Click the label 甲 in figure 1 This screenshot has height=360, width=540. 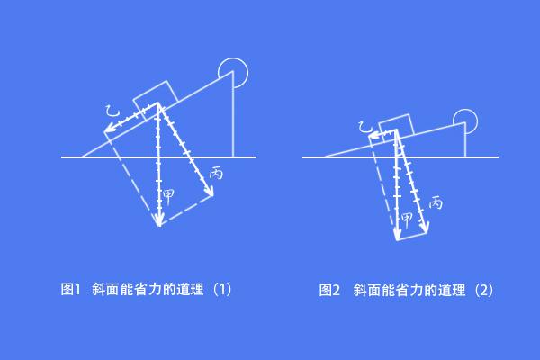coord(168,197)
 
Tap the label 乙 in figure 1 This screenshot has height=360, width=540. coord(112,111)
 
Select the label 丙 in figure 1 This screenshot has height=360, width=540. coord(217,173)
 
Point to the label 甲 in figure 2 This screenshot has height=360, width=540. coord(407,220)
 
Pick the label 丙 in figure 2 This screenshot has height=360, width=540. coord(436,202)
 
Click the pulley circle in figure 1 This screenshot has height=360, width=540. coord(233,73)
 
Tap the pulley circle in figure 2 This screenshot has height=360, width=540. coord(465,121)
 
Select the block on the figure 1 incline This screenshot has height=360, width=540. coord(156,101)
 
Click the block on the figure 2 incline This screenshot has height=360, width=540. coord(396,128)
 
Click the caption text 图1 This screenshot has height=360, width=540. coord(70,290)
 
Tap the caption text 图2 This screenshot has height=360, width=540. coord(329,290)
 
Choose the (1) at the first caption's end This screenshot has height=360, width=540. coord(223,290)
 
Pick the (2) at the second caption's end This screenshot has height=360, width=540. coord(484,290)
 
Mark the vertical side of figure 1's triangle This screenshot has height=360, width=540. coord(233,114)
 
